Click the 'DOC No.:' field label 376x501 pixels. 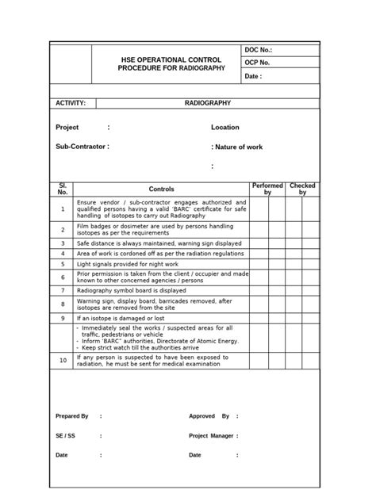(x=259, y=50)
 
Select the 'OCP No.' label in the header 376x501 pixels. (x=258, y=63)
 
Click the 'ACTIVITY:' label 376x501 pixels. (x=71, y=103)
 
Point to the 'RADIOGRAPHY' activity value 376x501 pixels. (x=208, y=103)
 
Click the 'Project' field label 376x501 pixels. (x=67, y=128)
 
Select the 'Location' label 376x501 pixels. (x=224, y=128)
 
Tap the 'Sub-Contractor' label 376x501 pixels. (x=80, y=147)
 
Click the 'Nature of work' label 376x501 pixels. (x=239, y=147)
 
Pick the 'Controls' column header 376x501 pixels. (x=162, y=189)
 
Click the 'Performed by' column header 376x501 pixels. (x=267, y=189)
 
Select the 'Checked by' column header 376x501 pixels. (x=302, y=189)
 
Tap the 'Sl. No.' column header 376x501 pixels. (x=63, y=189)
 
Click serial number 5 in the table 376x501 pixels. (x=63, y=263)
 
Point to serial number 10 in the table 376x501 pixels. (x=63, y=360)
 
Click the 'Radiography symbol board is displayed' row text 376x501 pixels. (x=131, y=290)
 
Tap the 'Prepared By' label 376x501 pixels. (x=71, y=416)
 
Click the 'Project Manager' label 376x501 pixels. (x=211, y=435)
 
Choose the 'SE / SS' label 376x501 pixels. (x=65, y=435)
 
